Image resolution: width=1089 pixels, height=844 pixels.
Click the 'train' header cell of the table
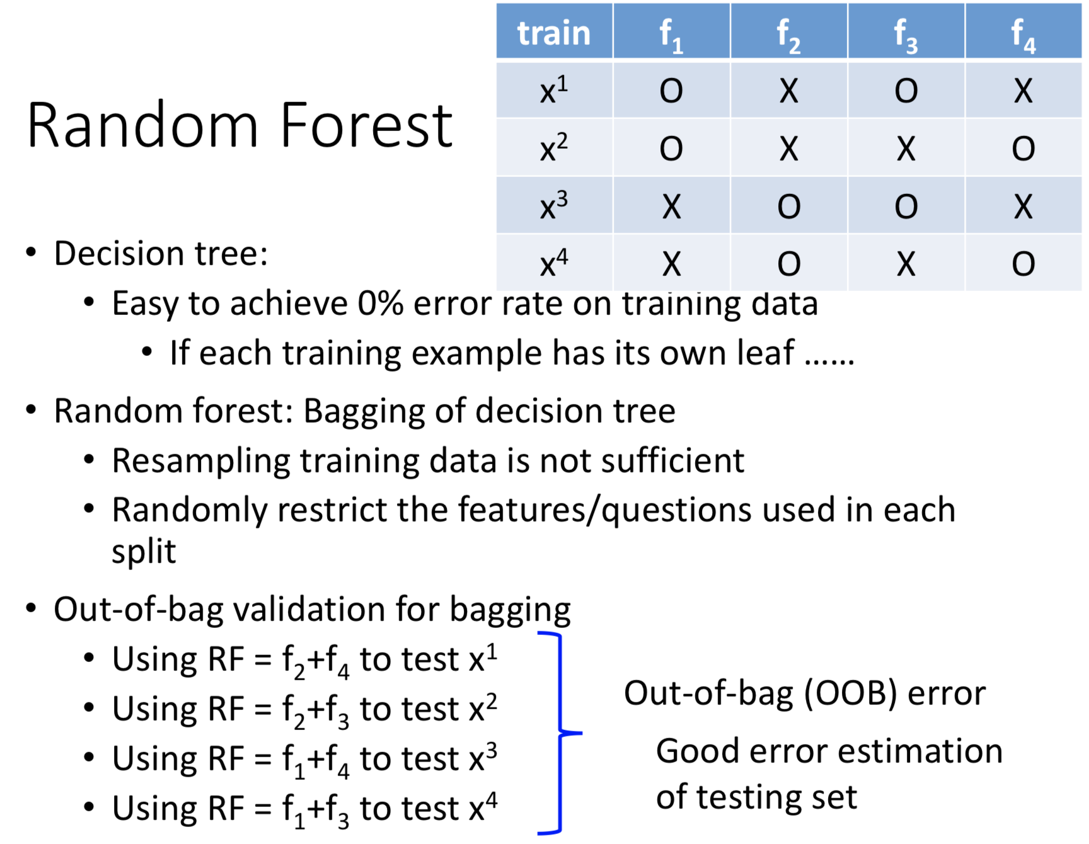coord(554,31)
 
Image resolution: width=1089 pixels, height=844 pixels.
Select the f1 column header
coord(671,31)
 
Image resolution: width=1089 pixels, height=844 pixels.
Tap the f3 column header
coord(906,31)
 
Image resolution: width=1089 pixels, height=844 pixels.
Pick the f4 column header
coord(1023,31)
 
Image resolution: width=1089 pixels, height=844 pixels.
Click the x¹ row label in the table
coord(554,90)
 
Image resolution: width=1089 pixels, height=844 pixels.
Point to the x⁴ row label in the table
coord(554,263)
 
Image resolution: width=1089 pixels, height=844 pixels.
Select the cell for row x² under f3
coord(906,148)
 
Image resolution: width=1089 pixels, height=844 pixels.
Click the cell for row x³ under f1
coord(671,206)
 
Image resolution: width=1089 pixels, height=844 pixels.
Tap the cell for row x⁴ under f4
coord(1023,263)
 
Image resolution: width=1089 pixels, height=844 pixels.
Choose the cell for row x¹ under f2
coord(788,90)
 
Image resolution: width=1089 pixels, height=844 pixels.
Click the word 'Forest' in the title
coord(366,125)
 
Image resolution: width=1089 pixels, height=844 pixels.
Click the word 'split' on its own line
coord(144,552)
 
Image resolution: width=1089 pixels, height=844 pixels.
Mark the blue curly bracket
coord(560,733)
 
